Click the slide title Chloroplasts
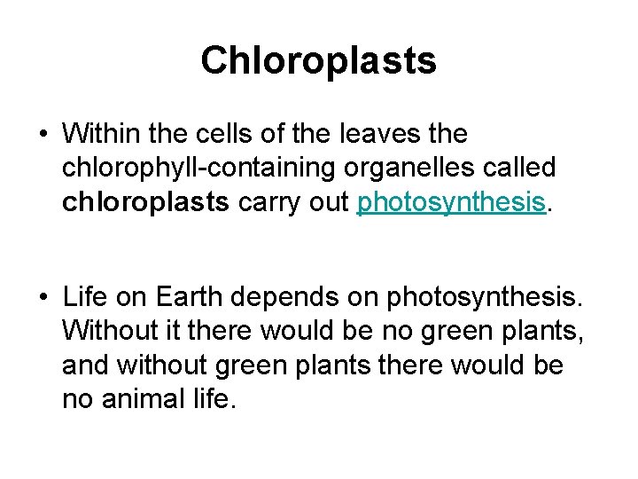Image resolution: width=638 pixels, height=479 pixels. click(x=318, y=60)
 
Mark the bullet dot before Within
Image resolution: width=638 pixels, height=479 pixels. click(x=42, y=135)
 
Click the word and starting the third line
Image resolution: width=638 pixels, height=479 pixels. click(x=84, y=366)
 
